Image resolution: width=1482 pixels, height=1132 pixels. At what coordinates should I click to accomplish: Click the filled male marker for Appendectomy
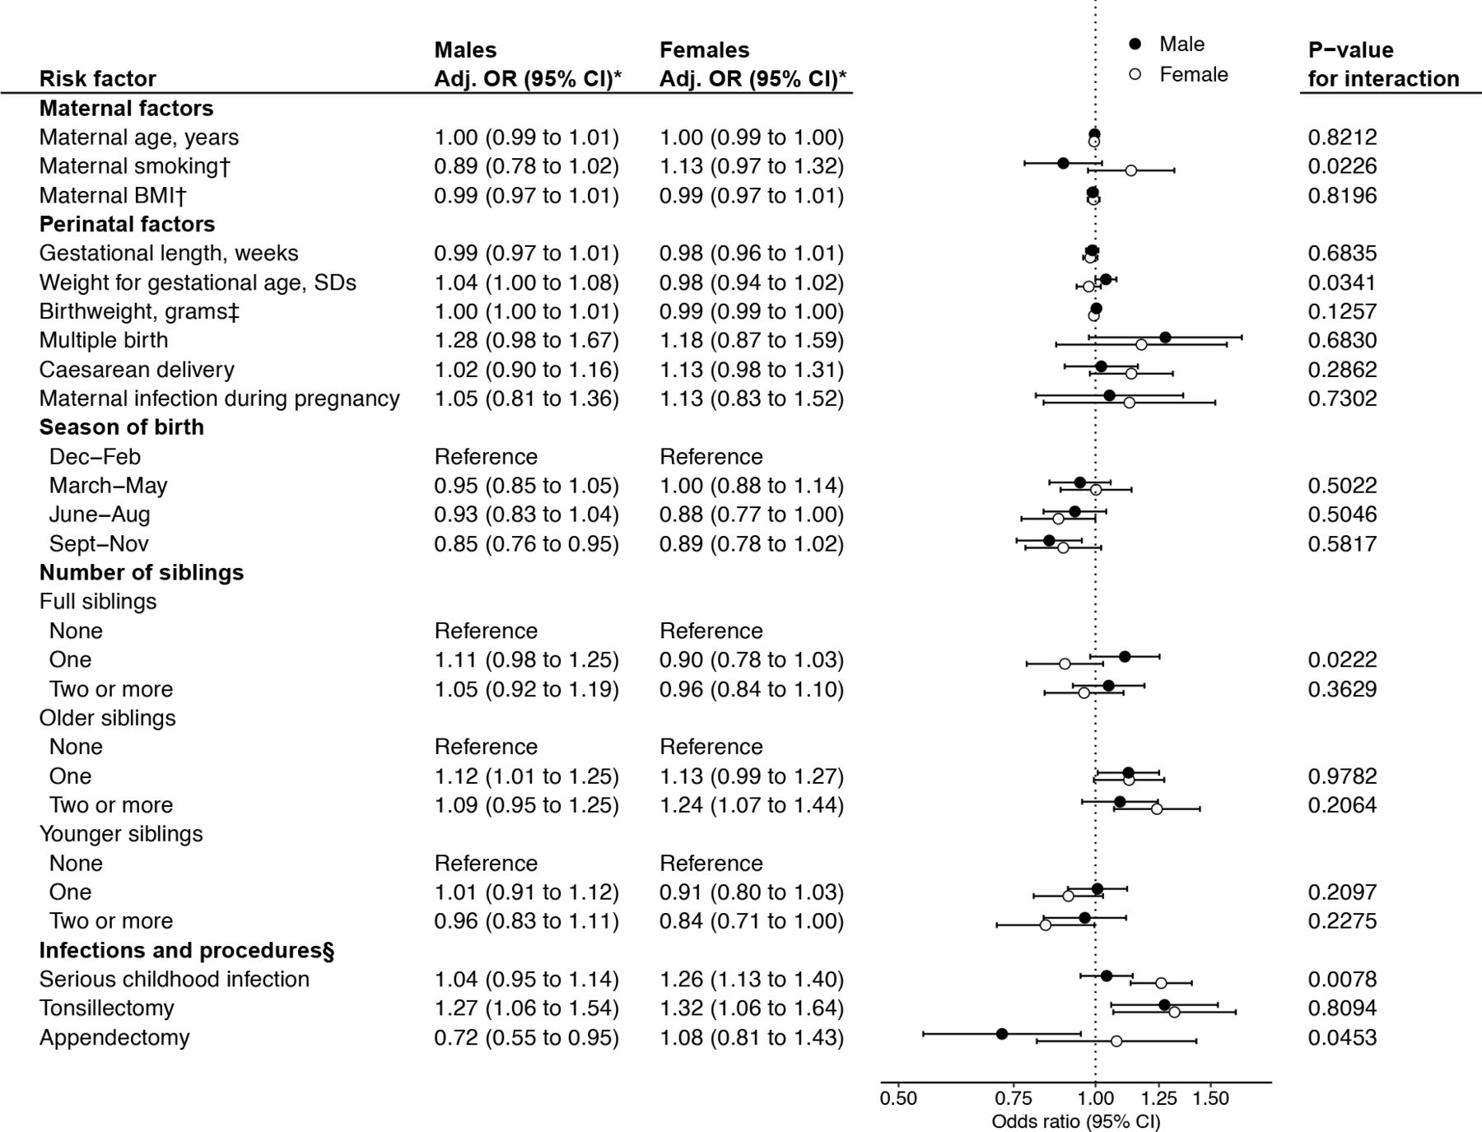[1001, 1033]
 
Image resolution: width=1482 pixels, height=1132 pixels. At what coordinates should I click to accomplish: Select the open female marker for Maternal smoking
[1130, 170]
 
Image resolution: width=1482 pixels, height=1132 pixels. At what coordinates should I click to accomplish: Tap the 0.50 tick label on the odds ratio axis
[897, 1098]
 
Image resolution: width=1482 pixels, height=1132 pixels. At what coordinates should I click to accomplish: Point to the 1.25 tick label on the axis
[1158, 1098]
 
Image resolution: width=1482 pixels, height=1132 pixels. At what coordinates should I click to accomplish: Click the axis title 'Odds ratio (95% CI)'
[1075, 1121]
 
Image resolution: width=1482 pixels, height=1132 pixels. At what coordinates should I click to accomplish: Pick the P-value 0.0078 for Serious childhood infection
[1342, 979]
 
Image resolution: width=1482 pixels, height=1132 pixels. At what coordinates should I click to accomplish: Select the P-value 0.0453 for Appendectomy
[1342, 1037]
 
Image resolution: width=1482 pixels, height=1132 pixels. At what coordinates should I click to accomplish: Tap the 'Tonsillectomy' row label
[106, 1009]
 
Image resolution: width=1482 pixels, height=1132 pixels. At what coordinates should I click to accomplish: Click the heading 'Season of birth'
[121, 427]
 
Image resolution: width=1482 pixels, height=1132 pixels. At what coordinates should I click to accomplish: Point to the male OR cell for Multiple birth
[526, 341]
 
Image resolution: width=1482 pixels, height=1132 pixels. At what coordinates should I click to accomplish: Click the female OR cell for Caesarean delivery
[751, 370]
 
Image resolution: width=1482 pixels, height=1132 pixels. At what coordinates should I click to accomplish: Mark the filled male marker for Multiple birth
[1165, 338]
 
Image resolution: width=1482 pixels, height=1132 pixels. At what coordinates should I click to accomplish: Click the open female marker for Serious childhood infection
[1161, 983]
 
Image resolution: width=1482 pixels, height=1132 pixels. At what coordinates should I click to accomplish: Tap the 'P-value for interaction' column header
[1383, 64]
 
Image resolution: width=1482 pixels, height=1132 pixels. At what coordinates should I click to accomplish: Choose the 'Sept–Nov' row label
[99, 544]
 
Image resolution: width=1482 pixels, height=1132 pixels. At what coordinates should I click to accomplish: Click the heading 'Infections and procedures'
[186, 951]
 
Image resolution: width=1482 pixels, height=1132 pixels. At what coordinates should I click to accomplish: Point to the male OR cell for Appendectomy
[526, 1037]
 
